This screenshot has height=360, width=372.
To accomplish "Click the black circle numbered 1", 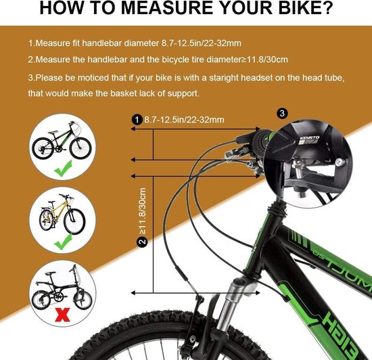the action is click(137, 119).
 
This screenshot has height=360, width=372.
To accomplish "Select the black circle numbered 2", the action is click(142, 242).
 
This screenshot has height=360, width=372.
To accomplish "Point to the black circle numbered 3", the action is click(282, 114).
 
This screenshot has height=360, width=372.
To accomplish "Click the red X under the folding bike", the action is click(62, 315).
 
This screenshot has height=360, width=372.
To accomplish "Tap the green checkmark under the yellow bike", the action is click(64, 242).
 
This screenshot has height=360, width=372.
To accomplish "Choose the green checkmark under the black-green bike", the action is click(63, 168).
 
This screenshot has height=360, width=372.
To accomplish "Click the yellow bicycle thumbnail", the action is click(62, 214).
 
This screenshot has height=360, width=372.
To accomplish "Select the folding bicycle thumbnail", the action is click(62, 287).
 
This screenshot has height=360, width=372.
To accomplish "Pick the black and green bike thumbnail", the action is click(62, 141).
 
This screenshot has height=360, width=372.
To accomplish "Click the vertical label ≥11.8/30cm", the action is click(143, 210).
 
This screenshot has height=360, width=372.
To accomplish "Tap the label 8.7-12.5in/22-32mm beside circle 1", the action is click(184, 120).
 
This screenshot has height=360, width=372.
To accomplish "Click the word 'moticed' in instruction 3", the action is click(94, 78).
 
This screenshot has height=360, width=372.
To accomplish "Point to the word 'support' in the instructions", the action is click(183, 94).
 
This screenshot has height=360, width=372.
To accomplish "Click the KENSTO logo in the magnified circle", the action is click(310, 138).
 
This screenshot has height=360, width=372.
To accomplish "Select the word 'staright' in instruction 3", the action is click(223, 78).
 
